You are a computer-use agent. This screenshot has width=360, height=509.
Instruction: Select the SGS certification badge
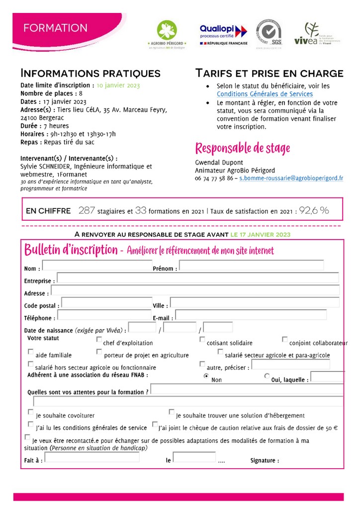(x=270, y=33)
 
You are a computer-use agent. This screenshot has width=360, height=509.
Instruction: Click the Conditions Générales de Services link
(x=265, y=94)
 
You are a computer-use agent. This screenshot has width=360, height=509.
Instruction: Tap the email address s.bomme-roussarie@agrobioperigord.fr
(x=291, y=177)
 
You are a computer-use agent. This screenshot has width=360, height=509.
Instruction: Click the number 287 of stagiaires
(x=87, y=211)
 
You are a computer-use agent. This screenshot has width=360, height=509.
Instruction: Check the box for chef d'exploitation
(x=99, y=339)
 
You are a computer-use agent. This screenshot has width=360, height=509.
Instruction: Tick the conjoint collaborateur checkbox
(x=285, y=339)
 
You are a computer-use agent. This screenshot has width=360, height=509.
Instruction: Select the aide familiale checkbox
(x=31, y=352)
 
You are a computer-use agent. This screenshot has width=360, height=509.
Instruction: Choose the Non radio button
(x=206, y=376)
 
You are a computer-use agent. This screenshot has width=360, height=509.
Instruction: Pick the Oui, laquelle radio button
(x=267, y=376)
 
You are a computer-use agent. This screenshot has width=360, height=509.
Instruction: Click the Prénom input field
(x=251, y=265)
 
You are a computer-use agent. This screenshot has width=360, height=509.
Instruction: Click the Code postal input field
(x=106, y=303)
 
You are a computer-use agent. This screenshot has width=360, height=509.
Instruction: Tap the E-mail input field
(x=251, y=315)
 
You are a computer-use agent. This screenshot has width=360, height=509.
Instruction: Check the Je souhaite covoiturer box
(x=31, y=412)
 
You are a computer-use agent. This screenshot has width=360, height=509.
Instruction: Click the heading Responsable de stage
(x=242, y=148)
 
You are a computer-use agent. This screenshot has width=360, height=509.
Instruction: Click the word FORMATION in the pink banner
(x=55, y=28)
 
